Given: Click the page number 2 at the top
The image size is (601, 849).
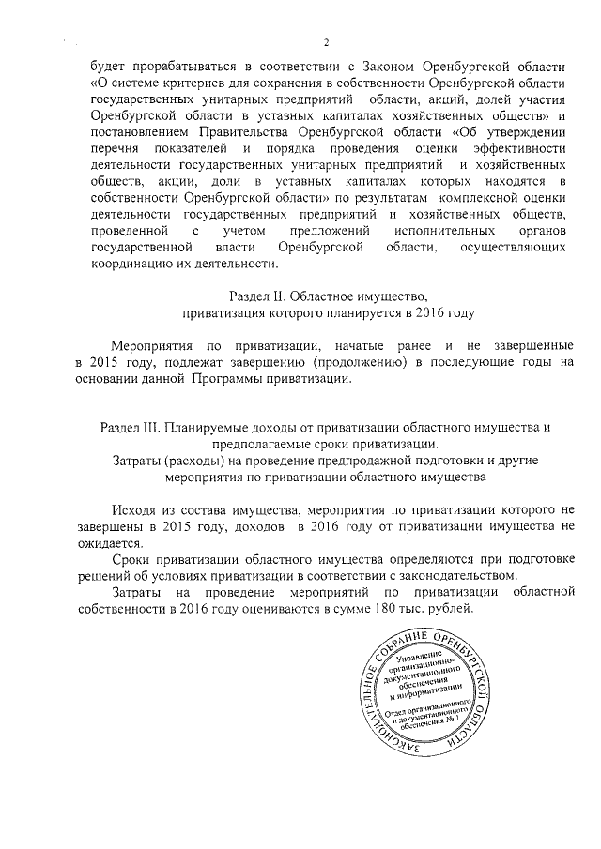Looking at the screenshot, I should tap(326, 42).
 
